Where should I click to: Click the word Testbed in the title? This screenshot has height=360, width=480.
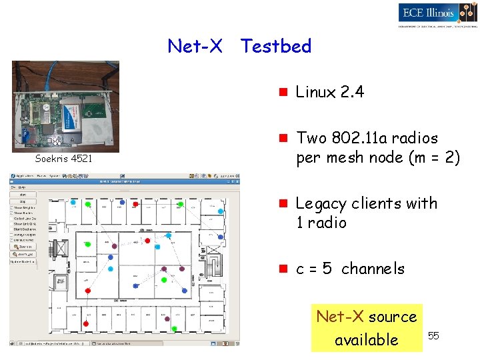pos(275,46)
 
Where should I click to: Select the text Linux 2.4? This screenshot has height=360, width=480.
pos(329,92)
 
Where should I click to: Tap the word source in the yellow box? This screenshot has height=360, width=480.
pos(393,317)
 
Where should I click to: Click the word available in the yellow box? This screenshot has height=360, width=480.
pos(366,339)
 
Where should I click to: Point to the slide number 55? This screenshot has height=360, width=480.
pos(433,335)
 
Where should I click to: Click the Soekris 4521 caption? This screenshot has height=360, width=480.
pos(64,159)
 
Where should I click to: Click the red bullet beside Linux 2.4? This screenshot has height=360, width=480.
pos(283,92)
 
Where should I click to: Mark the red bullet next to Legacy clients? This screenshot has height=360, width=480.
pos(283,203)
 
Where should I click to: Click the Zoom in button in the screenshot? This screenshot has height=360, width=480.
pos(24,246)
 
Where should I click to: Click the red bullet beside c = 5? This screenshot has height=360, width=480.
pos(283,269)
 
